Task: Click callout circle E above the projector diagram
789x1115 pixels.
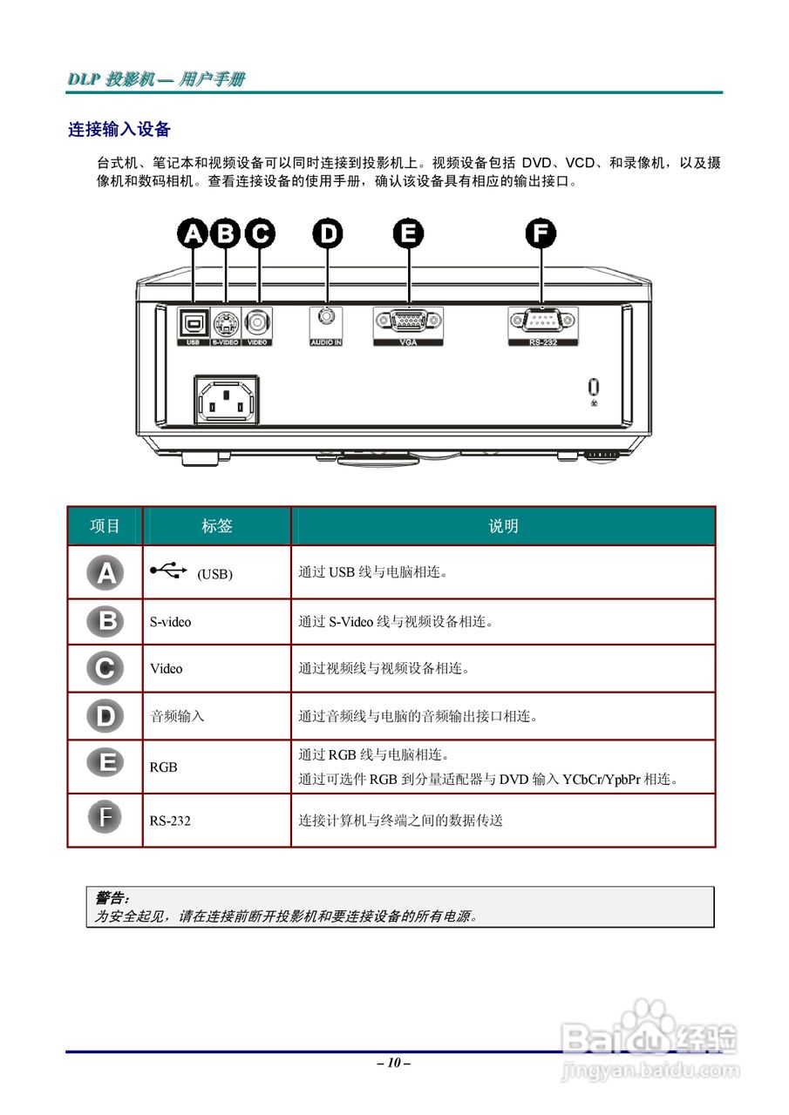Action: pos(408,233)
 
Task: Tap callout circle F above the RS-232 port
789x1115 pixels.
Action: pos(541,233)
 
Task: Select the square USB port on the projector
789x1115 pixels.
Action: pos(192,323)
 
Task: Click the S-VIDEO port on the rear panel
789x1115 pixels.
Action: pos(225,323)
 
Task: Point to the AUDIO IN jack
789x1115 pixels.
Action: pos(326,319)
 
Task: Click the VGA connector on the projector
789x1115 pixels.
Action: pos(407,322)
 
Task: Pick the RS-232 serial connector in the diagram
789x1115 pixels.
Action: pos(542,322)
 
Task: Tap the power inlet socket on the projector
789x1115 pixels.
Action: pos(225,401)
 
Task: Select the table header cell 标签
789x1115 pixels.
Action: pos(217,526)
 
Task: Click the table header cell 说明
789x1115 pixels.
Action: pos(503,526)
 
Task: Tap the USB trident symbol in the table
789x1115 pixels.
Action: pos(168,571)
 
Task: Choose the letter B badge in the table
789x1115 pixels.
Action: pos(105,621)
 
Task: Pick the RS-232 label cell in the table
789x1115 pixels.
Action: pos(170,820)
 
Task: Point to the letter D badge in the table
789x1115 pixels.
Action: pos(105,716)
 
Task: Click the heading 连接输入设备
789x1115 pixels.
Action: pos(119,130)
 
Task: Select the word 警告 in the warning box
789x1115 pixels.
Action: pos(111,897)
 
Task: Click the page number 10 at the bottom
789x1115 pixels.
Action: pos(394,1063)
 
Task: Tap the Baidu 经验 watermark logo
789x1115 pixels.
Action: pos(650,1037)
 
